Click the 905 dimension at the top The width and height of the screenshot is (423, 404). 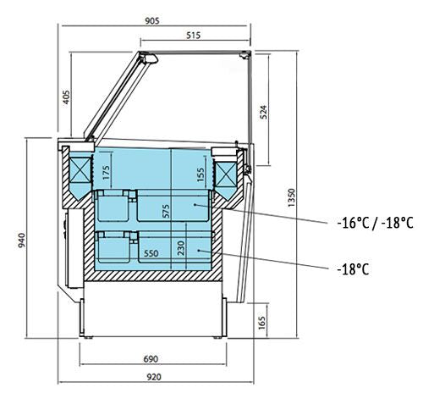(152, 20)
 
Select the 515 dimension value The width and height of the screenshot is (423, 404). (194, 36)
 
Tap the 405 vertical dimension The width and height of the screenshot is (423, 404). (66, 97)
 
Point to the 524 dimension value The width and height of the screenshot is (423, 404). (263, 112)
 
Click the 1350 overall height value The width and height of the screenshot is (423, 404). (291, 197)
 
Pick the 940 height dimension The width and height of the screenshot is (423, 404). (22, 241)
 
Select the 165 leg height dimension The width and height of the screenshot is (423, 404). (262, 323)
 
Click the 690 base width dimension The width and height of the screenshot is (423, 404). (151, 359)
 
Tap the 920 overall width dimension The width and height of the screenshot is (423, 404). (154, 377)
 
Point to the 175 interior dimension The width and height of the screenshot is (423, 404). (106, 173)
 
